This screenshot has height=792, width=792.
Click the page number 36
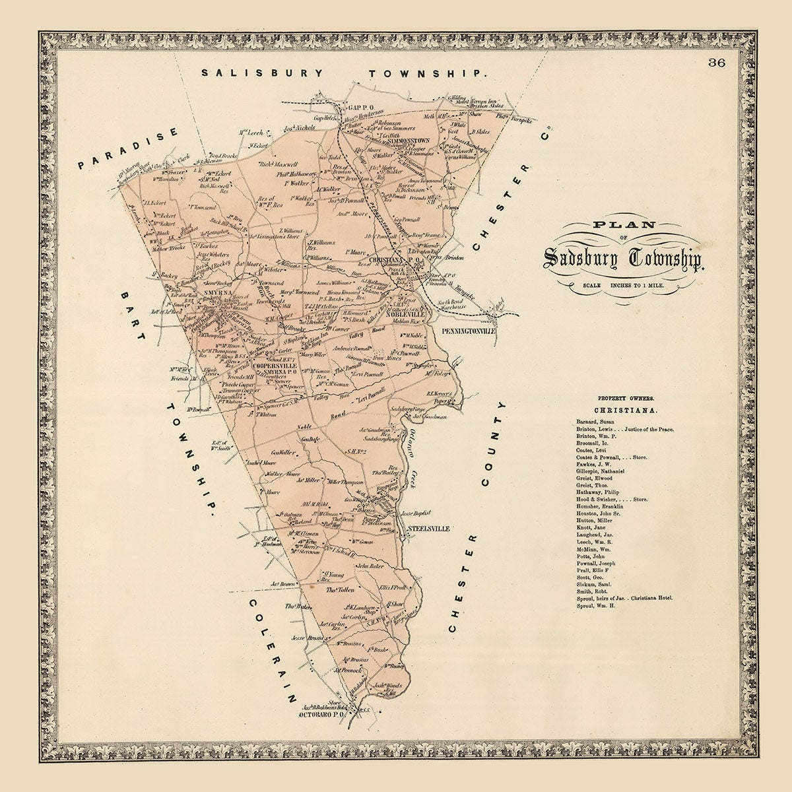click(717, 63)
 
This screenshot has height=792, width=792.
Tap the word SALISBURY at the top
click(263, 73)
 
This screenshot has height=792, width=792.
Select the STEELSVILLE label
click(430, 529)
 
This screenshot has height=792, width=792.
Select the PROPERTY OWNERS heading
click(625, 398)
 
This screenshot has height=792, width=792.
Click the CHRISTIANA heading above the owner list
click(625, 410)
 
